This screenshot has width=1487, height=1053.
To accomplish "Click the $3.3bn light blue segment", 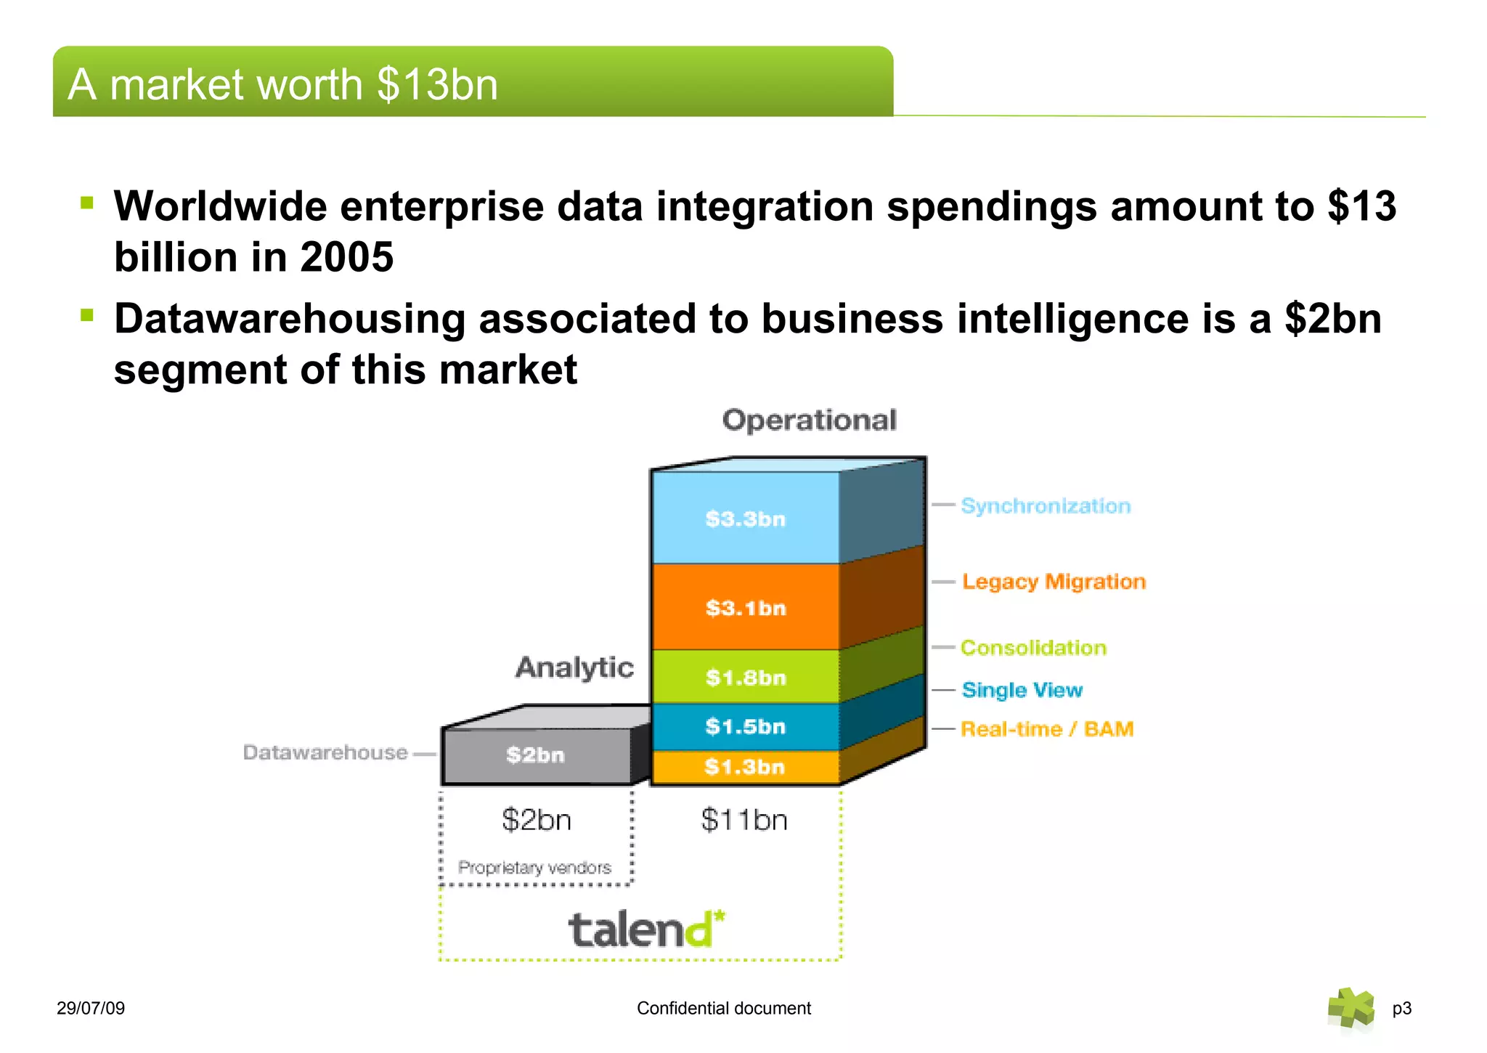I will pyautogui.click(x=745, y=519).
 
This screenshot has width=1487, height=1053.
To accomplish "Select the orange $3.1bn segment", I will pyautogui.click(x=745, y=607).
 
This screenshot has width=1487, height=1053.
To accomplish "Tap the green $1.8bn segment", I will pyautogui.click(x=745, y=678).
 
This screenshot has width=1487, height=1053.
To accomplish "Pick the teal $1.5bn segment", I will pyautogui.click(x=745, y=726).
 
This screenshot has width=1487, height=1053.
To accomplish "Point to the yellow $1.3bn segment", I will pyautogui.click(x=745, y=767).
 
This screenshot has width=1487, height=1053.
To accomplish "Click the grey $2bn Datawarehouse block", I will pyautogui.click(x=536, y=755).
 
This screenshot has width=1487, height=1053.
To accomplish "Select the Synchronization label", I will pyautogui.click(x=1046, y=506).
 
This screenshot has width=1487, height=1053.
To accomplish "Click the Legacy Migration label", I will pyautogui.click(x=1054, y=582).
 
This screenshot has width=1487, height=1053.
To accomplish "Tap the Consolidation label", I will pyautogui.click(x=1033, y=648).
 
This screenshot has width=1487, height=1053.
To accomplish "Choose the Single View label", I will pyautogui.click(x=1022, y=690).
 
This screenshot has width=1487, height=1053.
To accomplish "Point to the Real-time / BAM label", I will pyautogui.click(x=1047, y=729).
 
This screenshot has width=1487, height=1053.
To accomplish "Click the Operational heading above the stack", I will pyautogui.click(x=810, y=420).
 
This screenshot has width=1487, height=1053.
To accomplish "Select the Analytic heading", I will pyautogui.click(x=574, y=667).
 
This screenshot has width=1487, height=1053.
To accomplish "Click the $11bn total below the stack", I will pyautogui.click(x=744, y=820).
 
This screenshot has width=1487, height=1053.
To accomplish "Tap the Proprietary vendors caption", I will pyautogui.click(x=534, y=868).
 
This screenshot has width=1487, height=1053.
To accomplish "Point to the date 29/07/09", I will pyautogui.click(x=91, y=1008).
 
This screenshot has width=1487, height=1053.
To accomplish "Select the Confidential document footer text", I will pyautogui.click(x=724, y=1008).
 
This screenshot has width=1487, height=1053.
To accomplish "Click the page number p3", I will pyautogui.click(x=1401, y=1008).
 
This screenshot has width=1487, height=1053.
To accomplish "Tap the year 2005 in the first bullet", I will pyautogui.click(x=347, y=257).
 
